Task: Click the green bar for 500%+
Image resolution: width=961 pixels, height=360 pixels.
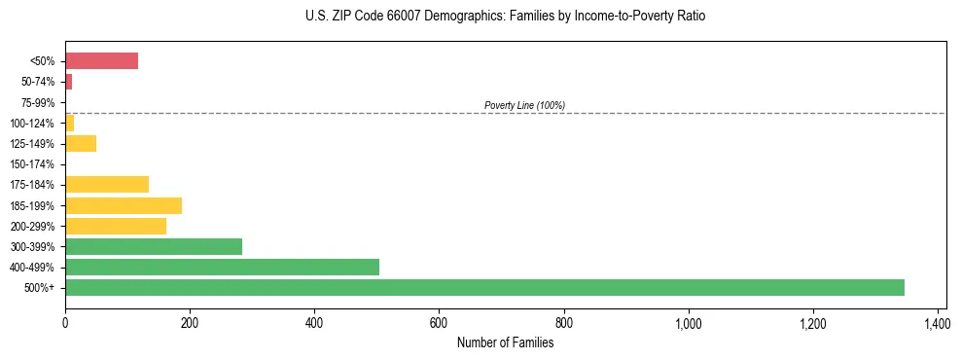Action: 484,287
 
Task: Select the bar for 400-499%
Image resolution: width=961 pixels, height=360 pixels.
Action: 222,267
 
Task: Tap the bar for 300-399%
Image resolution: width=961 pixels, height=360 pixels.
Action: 154,246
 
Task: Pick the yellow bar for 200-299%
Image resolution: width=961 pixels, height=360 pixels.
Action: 116,226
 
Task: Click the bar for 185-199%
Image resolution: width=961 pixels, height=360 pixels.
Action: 124,205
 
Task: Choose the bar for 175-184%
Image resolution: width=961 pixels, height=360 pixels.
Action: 107,184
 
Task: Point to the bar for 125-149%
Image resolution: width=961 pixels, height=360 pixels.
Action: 81,143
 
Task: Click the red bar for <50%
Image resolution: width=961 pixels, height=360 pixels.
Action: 101,60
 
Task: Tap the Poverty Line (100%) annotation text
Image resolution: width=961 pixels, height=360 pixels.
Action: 524,105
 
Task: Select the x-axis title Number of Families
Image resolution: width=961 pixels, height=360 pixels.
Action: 505,342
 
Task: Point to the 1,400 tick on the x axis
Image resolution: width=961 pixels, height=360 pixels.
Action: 938,322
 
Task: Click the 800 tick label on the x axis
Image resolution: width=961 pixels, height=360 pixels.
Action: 564,322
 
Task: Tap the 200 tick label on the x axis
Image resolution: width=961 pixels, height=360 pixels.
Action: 190,322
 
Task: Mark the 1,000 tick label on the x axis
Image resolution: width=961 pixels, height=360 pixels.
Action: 689,322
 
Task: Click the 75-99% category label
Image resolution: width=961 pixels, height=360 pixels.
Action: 38,102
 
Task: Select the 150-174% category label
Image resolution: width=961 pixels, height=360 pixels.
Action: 32,164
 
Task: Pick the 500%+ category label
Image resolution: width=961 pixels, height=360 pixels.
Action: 41,288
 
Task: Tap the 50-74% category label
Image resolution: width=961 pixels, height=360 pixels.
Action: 38,82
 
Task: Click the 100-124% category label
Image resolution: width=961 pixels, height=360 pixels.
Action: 32,123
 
